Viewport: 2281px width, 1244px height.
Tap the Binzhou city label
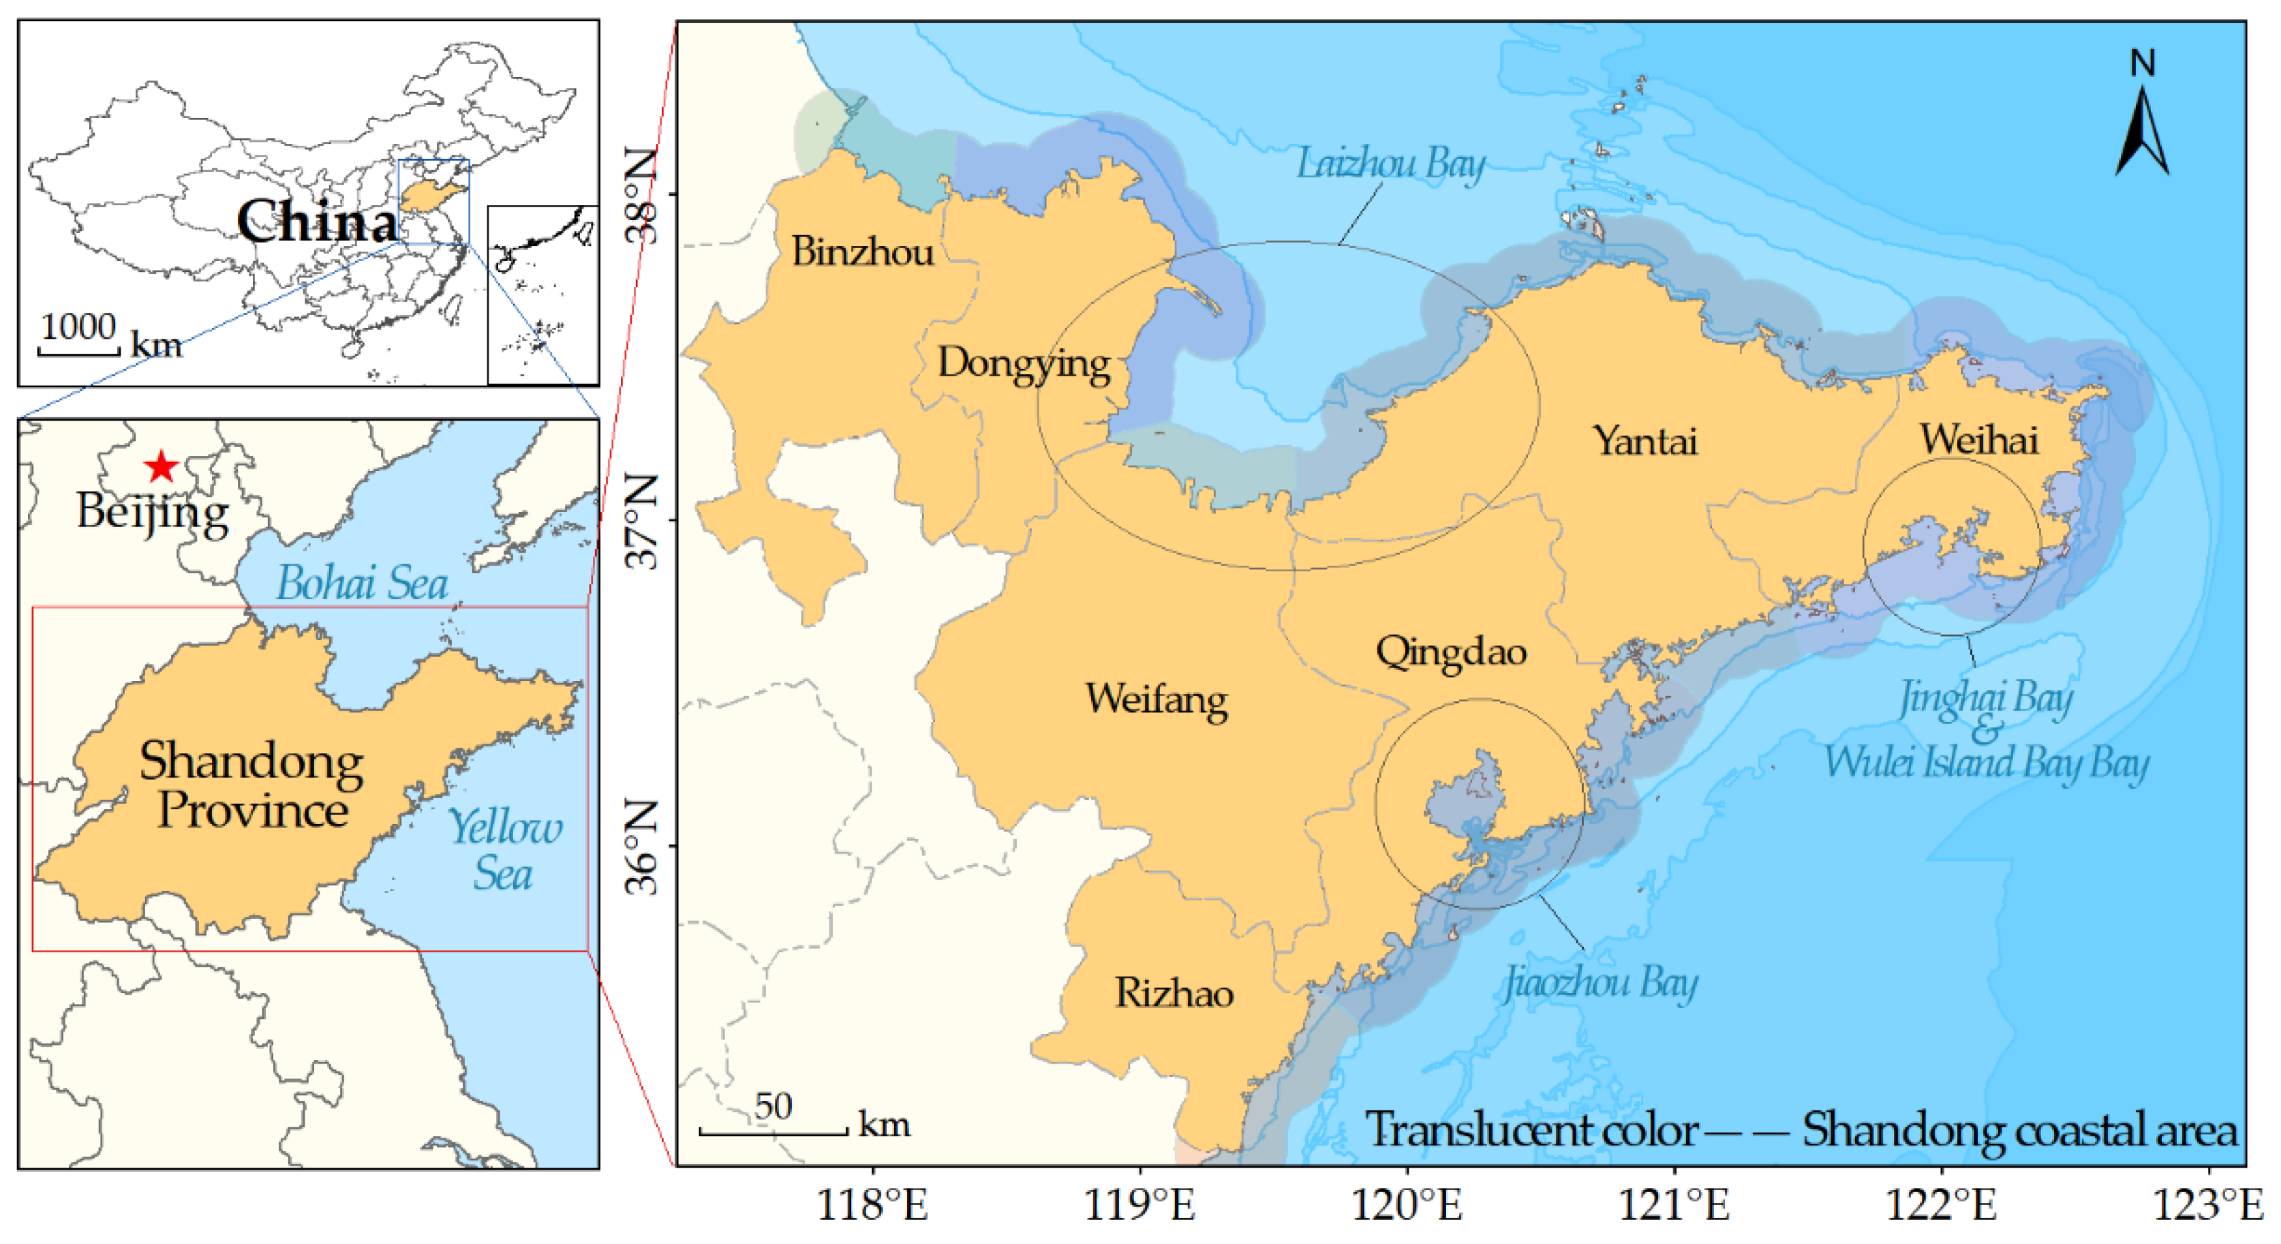861,252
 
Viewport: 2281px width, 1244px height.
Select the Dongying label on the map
1024,364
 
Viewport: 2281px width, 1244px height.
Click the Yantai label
1645,441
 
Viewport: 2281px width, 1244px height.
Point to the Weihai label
1978,439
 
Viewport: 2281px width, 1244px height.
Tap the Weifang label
1157,699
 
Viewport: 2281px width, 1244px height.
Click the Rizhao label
1174,993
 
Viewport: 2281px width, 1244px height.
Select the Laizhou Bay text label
1390,165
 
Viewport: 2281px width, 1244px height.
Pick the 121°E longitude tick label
1674,1206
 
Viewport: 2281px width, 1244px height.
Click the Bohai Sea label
361,583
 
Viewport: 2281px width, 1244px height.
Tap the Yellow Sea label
503,851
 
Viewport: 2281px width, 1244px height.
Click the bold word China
316,222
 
